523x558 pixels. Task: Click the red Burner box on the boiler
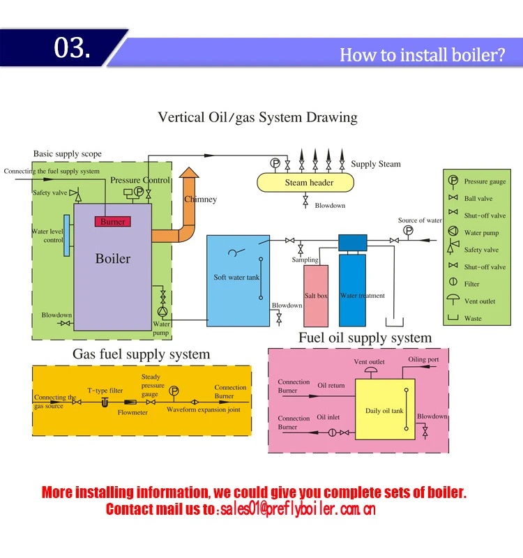(x=112, y=222)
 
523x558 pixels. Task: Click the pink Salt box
(x=316, y=296)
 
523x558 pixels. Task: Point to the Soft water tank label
(x=236, y=278)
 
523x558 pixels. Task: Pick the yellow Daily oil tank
(x=385, y=410)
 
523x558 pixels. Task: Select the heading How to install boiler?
(x=422, y=55)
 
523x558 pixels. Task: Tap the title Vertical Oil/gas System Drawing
(x=257, y=117)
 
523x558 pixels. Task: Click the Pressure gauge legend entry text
(x=485, y=181)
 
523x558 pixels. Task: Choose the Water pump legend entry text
(x=482, y=233)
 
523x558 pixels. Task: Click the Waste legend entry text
(x=473, y=319)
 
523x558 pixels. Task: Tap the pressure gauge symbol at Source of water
(x=408, y=230)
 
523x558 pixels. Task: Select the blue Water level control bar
(x=66, y=236)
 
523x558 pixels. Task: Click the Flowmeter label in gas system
(x=132, y=412)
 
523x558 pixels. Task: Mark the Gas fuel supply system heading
(x=142, y=354)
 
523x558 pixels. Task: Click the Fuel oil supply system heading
(x=365, y=338)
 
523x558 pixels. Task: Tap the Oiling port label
(x=423, y=360)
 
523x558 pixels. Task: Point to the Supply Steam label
(x=376, y=164)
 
